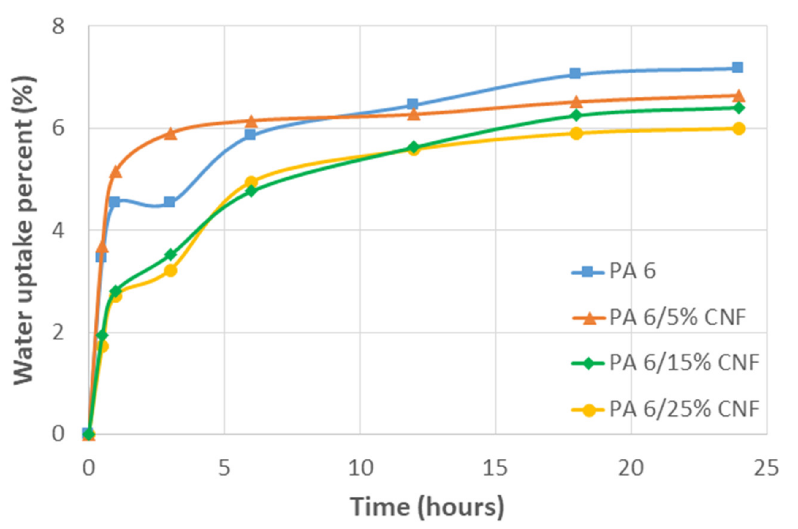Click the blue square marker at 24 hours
(737, 67)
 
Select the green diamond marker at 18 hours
(576, 115)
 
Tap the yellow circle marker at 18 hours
(577, 133)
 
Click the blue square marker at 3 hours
(170, 202)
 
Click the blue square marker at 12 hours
(412, 104)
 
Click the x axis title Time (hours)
(427, 507)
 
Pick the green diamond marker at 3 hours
(171, 254)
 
